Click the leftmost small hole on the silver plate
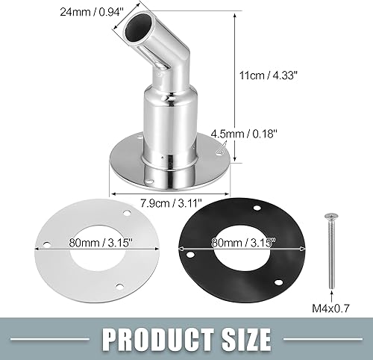(48, 243)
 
